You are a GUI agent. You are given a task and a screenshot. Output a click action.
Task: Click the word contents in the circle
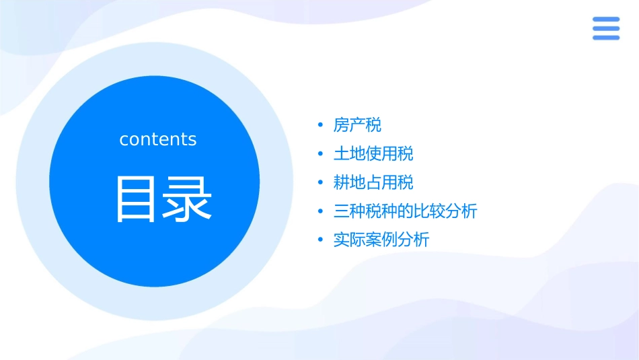[158, 139]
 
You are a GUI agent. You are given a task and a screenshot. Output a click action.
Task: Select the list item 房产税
[357, 125]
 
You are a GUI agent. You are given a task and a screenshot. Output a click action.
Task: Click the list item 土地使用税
[373, 154]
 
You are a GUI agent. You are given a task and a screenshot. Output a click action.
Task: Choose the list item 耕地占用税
[373, 182]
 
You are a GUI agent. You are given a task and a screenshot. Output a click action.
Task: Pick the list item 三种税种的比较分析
[405, 211]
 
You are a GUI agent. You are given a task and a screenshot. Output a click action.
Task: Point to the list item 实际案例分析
[381, 240]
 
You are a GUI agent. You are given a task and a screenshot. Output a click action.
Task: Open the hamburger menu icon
[606, 28]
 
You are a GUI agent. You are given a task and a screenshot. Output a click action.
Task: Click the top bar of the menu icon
[606, 20]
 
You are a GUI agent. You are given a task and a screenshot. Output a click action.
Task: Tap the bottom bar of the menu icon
[606, 38]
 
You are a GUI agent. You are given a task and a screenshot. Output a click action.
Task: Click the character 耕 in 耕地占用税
[342, 182]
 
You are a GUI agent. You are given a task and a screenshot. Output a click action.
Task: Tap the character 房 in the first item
[342, 125]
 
